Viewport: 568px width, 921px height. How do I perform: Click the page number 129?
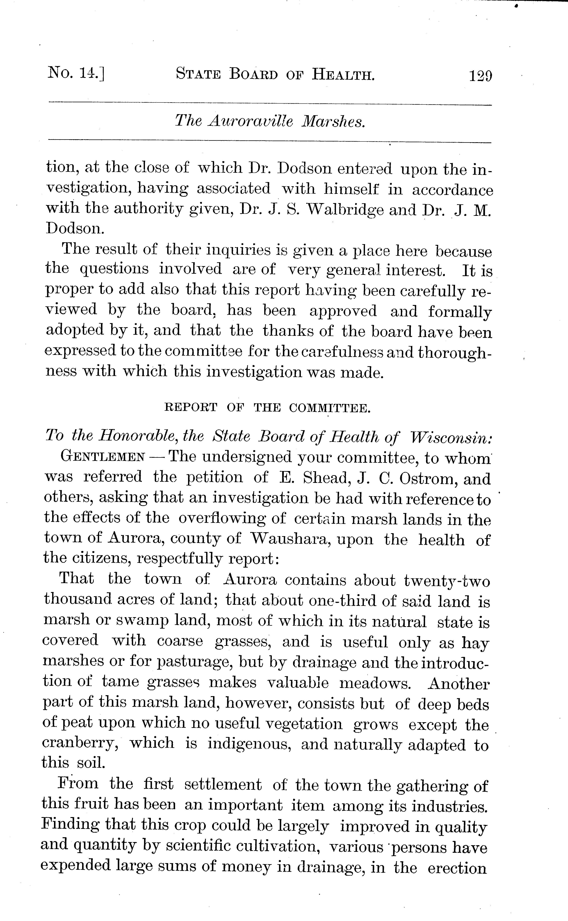[480, 75]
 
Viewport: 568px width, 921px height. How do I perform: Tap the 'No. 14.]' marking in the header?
[75, 72]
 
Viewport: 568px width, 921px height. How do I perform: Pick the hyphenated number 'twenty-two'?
[447, 581]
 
